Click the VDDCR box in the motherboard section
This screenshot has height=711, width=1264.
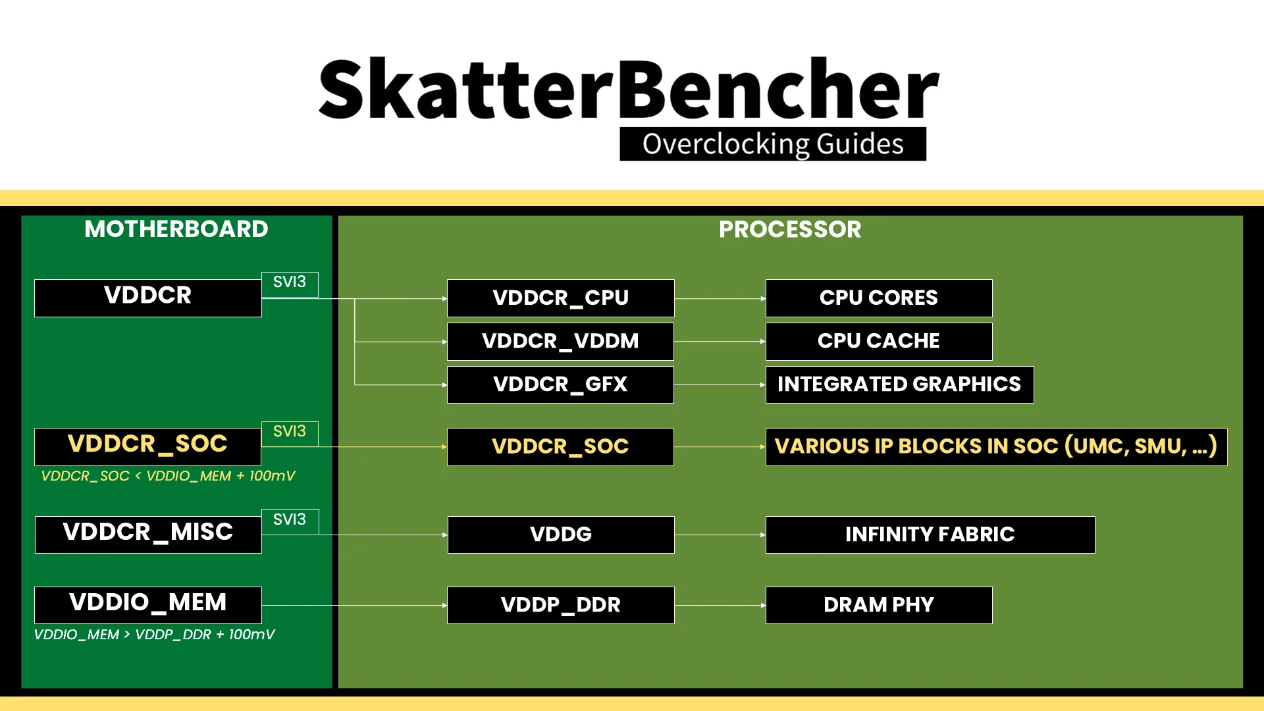click(x=147, y=298)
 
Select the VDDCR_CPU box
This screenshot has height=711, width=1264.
click(x=560, y=298)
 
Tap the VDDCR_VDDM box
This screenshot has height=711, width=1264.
click(x=560, y=341)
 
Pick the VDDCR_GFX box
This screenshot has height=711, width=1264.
click(x=560, y=384)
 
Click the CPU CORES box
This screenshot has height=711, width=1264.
click(x=879, y=298)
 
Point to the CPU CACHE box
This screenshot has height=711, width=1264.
click(x=879, y=341)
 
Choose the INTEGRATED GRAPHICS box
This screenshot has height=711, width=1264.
click(x=899, y=384)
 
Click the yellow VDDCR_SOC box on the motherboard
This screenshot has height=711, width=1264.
click(x=147, y=446)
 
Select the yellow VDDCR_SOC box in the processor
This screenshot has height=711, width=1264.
click(x=560, y=446)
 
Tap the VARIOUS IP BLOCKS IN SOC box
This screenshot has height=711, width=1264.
click(x=996, y=446)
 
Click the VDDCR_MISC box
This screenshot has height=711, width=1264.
click(x=148, y=534)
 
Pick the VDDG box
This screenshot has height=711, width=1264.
click(x=561, y=534)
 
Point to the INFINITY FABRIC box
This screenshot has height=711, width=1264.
click(x=930, y=534)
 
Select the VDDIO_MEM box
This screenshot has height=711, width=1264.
click(x=148, y=604)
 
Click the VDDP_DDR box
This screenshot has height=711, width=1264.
click(x=561, y=604)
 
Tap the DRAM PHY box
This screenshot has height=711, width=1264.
click(x=879, y=604)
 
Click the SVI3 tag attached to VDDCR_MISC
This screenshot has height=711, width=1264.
click(x=290, y=521)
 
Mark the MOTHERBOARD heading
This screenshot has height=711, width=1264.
click(x=176, y=229)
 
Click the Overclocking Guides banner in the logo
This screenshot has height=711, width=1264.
click(x=773, y=144)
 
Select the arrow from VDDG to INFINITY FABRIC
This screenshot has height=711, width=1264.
click(x=720, y=535)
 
